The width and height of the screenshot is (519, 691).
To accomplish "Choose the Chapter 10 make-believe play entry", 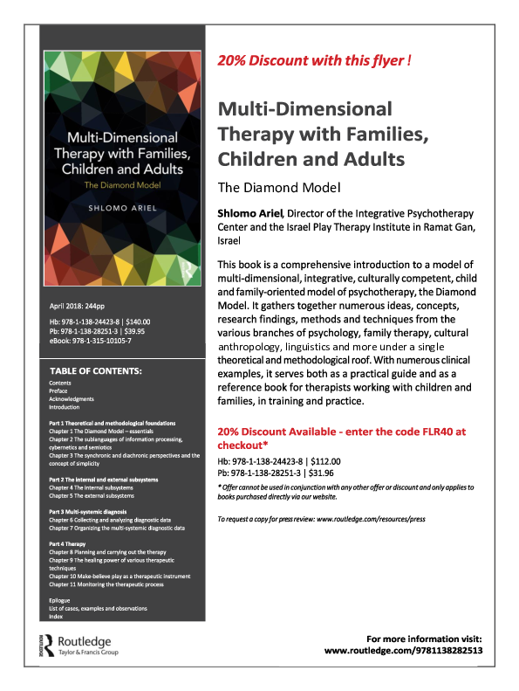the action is click(x=120, y=577).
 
